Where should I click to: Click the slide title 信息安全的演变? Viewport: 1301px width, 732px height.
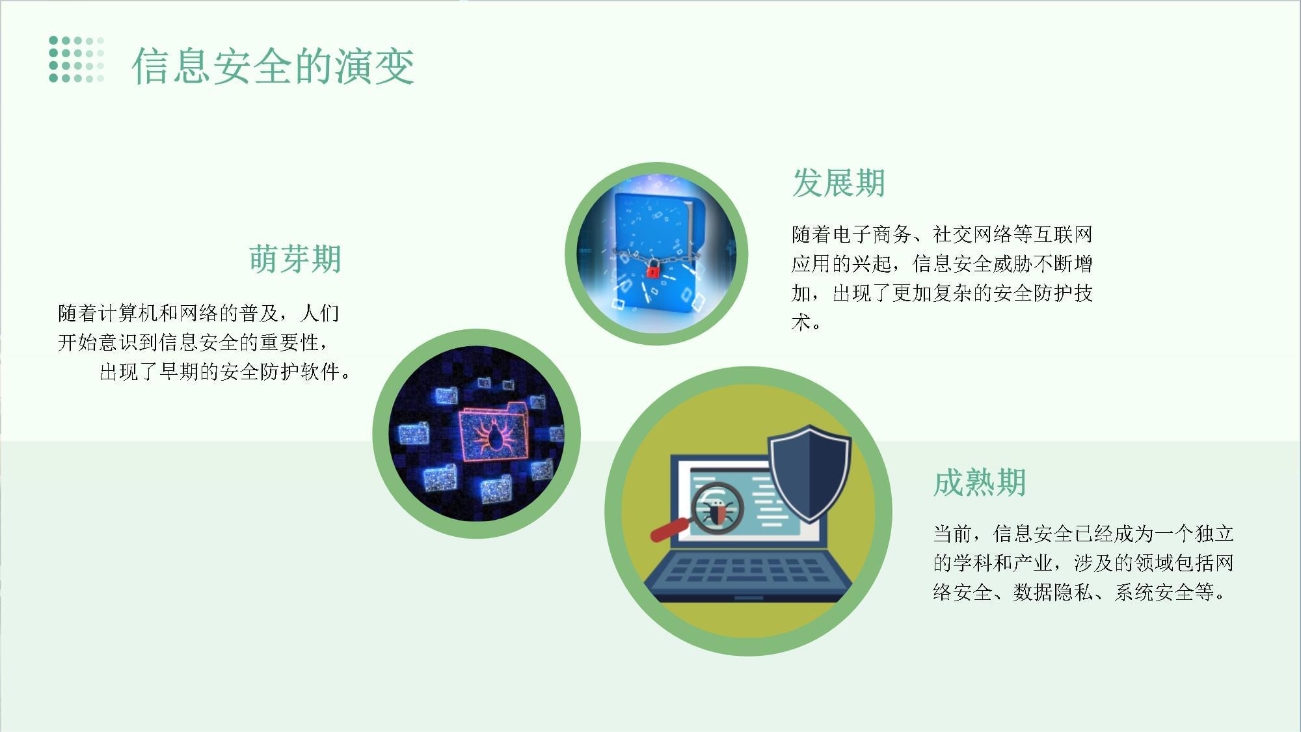click(273, 66)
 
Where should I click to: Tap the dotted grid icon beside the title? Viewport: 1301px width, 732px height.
click(76, 60)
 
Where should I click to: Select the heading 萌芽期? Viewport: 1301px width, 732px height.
click(295, 258)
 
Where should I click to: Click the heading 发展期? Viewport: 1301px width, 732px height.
click(838, 183)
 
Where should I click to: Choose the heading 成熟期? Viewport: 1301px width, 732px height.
click(979, 483)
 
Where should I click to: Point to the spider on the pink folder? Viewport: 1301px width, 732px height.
click(493, 435)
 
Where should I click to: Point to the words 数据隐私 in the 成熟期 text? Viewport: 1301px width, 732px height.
click(1053, 592)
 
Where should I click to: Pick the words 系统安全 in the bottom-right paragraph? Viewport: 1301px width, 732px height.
click(1155, 592)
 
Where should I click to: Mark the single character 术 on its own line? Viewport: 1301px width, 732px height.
click(801, 322)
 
